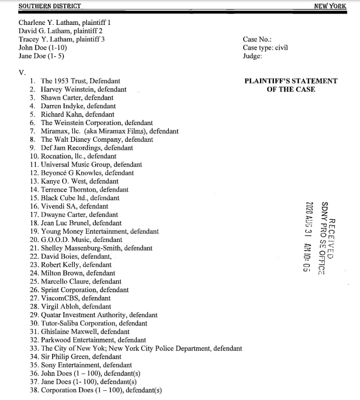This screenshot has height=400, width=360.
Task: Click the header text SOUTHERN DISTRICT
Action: [x=50, y=6]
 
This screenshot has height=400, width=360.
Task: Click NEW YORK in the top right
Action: [x=330, y=6]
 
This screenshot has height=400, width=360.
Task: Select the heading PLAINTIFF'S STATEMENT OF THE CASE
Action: [x=291, y=85]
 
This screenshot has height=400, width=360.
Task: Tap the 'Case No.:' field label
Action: [x=257, y=39]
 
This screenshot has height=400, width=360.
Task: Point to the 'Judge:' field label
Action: [x=252, y=56]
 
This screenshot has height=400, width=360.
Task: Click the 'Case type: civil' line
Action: [x=265, y=48]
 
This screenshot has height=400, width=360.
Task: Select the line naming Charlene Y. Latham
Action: [x=64, y=22]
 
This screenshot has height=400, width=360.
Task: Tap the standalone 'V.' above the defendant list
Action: [x=22, y=72]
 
